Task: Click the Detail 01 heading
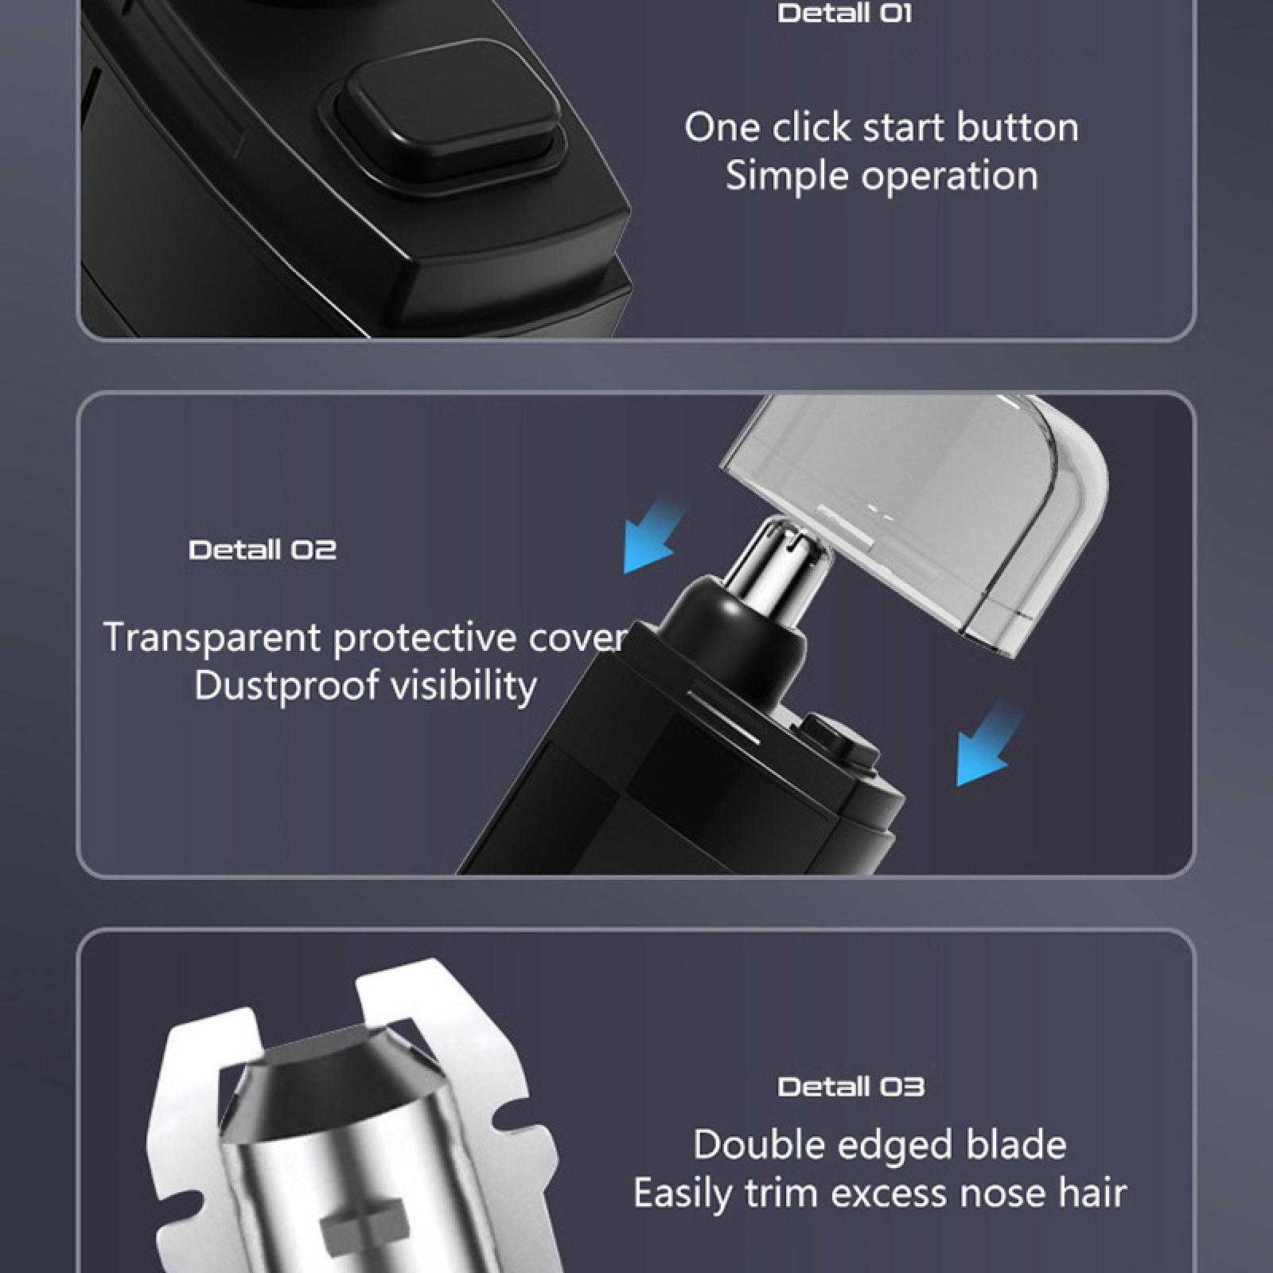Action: click(844, 14)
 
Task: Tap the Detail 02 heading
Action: click(263, 550)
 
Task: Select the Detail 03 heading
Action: click(851, 1087)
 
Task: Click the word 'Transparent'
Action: click(212, 638)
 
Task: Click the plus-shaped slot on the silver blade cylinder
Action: click(366, 1226)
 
